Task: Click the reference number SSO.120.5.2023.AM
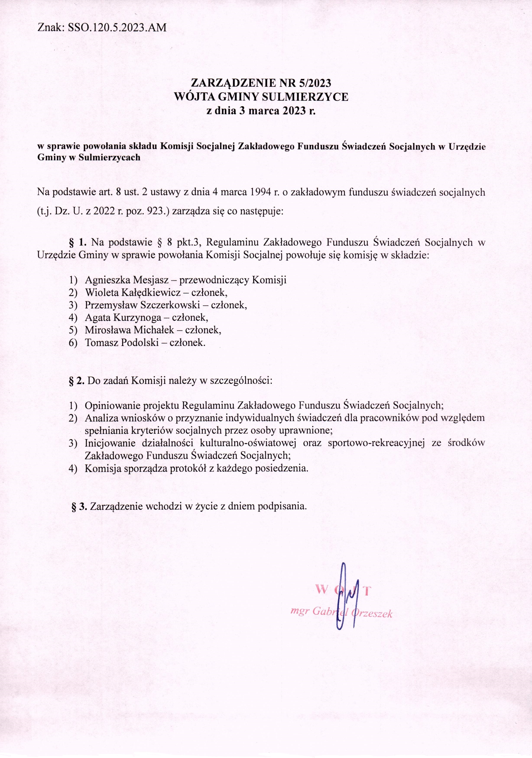117,28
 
